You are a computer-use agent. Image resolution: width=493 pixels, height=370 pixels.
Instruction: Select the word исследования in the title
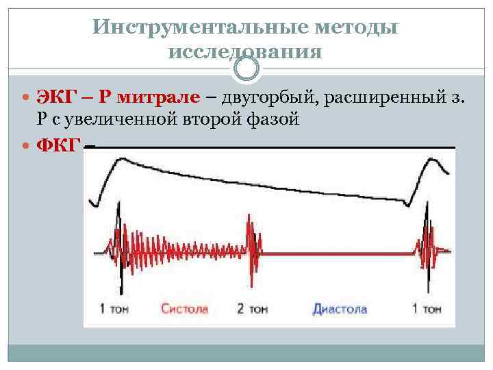tap(244, 52)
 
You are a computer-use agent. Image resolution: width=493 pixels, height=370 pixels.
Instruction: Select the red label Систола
tap(185, 309)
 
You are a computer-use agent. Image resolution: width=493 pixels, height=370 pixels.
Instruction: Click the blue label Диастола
tap(340, 309)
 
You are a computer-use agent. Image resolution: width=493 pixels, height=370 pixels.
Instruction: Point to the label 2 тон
tap(251, 309)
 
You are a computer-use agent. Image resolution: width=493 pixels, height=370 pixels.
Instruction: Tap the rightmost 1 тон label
tap(426, 309)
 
